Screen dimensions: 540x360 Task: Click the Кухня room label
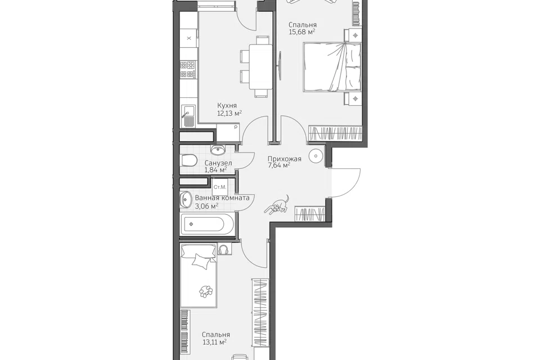click(x=227, y=106)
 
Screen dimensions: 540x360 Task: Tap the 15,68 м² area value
click(x=302, y=32)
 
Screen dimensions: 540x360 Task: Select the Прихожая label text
click(x=285, y=159)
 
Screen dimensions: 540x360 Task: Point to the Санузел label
click(x=218, y=163)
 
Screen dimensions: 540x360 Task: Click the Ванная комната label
click(x=222, y=198)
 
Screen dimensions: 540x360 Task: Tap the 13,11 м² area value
click(x=214, y=342)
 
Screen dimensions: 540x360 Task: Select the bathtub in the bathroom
click(x=208, y=224)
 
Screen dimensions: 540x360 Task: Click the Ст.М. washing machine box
click(x=220, y=187)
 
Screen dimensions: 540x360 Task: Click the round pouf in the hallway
click(x=316, y=156)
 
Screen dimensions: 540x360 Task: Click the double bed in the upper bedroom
click(x=332, y=67)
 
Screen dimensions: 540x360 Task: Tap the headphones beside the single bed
click(x=224, y=249)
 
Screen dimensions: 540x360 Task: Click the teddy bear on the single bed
click(x=206, y=291)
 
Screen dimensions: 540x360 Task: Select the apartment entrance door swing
click(x=345, y=183)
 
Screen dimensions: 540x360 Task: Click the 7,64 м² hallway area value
click(x=279, y=166)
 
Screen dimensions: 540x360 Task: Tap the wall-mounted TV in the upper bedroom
click(x=280, y=66)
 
